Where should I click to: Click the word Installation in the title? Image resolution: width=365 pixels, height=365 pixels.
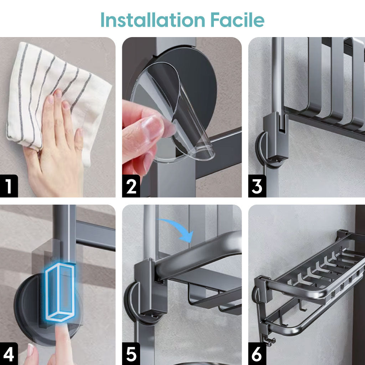click(153, 20)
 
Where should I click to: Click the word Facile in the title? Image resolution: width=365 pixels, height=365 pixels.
click(237, 20)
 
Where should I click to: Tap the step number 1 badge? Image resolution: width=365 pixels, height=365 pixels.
click(9, 186)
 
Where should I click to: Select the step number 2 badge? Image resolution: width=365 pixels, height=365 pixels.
click(131, 186)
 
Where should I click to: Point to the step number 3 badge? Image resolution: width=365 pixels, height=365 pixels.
click(257, 186)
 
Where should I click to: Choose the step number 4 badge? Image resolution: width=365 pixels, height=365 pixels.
click(9, 354)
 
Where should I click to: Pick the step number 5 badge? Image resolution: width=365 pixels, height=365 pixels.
click(131, 354)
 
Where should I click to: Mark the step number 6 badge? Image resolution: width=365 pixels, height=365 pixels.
click(257, 354)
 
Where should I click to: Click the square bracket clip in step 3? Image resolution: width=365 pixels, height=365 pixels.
click(276, 137)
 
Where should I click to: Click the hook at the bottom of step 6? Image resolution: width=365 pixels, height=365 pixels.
click(271, 341)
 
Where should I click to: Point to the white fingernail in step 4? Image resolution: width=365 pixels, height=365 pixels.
click(31, 350)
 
